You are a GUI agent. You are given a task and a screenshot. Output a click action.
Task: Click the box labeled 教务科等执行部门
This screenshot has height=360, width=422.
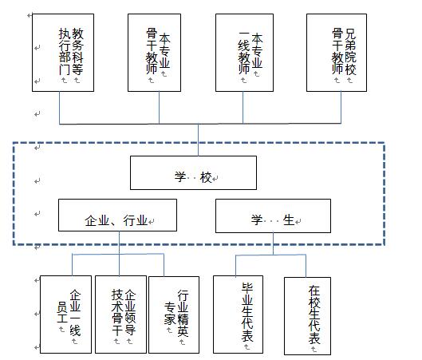click(63, 53)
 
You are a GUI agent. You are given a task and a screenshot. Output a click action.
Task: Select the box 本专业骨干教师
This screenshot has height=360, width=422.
click(154, 53)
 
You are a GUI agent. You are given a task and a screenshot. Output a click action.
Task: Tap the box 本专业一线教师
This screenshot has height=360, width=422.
click(244, 53)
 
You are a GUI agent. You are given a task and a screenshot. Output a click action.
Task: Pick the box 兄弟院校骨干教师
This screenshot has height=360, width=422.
click(337, 53)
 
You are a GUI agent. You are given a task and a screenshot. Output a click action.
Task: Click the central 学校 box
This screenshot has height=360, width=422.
click(193, 173)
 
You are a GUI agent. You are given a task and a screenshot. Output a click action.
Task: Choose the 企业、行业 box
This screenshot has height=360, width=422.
click(117, 216)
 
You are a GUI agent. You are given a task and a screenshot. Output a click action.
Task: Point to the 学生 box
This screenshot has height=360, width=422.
click(273, 216)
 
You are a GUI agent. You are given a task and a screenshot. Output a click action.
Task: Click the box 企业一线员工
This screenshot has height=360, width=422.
click(65, 315)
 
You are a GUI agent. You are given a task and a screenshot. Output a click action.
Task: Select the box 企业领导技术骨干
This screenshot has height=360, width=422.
click(120, 315)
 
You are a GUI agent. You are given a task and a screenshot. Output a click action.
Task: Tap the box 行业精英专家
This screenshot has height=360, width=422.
click(174, 315)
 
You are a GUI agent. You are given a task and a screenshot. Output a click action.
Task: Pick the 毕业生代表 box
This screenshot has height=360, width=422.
click(238, 315)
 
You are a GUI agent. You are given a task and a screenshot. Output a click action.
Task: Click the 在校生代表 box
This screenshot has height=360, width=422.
click(307, 316)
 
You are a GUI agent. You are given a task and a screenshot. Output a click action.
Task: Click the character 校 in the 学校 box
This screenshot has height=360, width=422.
click(206, 177)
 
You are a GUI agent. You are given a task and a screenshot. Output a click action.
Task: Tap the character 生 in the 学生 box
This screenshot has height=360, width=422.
click(289, 220)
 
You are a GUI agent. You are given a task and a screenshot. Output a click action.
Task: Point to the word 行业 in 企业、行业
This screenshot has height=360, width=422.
click(136, 220)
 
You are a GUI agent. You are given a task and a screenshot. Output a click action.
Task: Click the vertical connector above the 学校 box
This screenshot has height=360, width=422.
click(199, 140)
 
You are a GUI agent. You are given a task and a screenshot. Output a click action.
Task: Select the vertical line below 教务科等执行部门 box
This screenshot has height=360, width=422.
click(60, 108)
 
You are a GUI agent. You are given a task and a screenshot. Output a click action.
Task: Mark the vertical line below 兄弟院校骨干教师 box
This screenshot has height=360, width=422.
click(341, 108)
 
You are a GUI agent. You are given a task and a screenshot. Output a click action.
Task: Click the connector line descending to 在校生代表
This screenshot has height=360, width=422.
click(306, 266)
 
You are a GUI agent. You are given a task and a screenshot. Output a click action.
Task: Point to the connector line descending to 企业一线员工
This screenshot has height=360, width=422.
click(72, 265)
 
